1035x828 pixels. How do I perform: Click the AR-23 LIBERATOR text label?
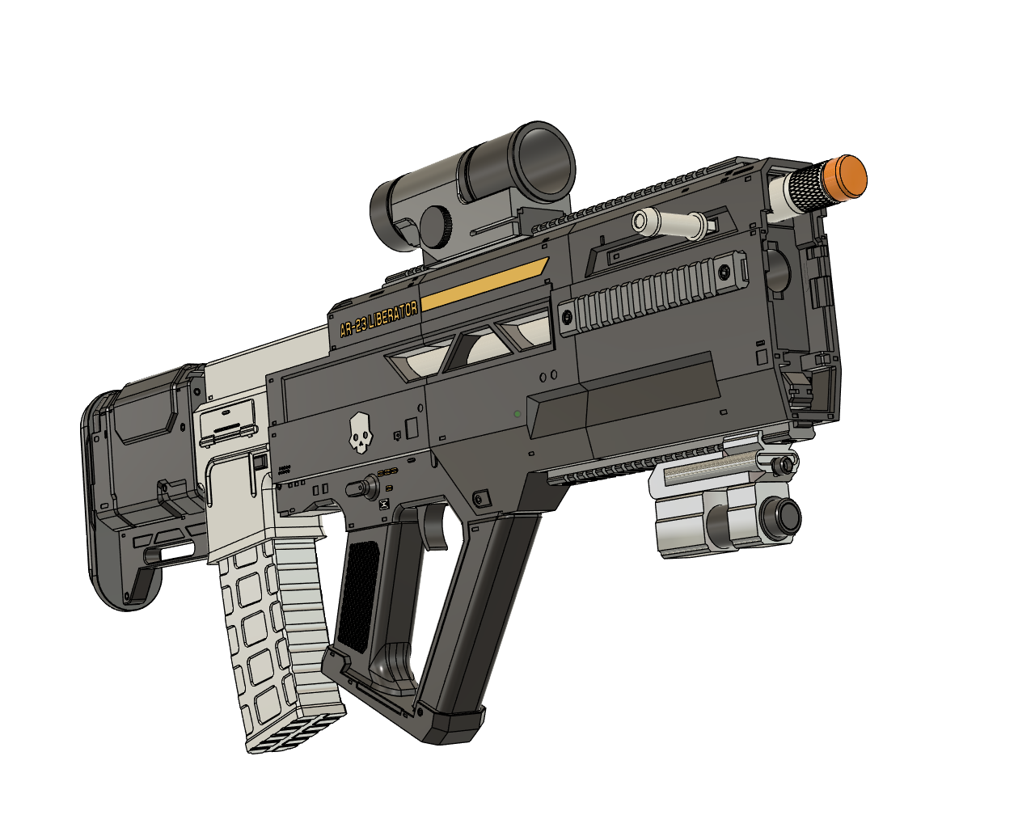coord(378,318)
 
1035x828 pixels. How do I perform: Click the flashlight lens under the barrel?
coord(784,515)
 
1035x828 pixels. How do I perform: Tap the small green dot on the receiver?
coord(517,414)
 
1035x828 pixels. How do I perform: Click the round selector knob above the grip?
coord(369,488)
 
